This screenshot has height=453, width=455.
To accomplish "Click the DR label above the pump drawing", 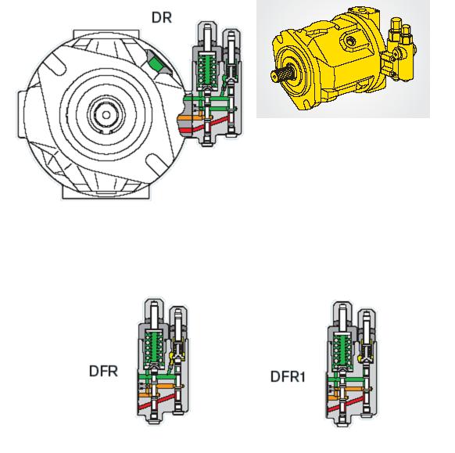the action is (162, 18).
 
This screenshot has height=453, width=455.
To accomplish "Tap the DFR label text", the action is (103, 371).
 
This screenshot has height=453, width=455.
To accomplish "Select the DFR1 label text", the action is (288, 376).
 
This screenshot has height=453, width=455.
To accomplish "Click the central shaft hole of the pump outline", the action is (106, 115).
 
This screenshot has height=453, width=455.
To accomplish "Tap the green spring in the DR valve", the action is (207, 70).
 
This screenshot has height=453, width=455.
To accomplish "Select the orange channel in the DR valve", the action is (191, 117).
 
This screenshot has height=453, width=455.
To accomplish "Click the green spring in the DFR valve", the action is (154, 348).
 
